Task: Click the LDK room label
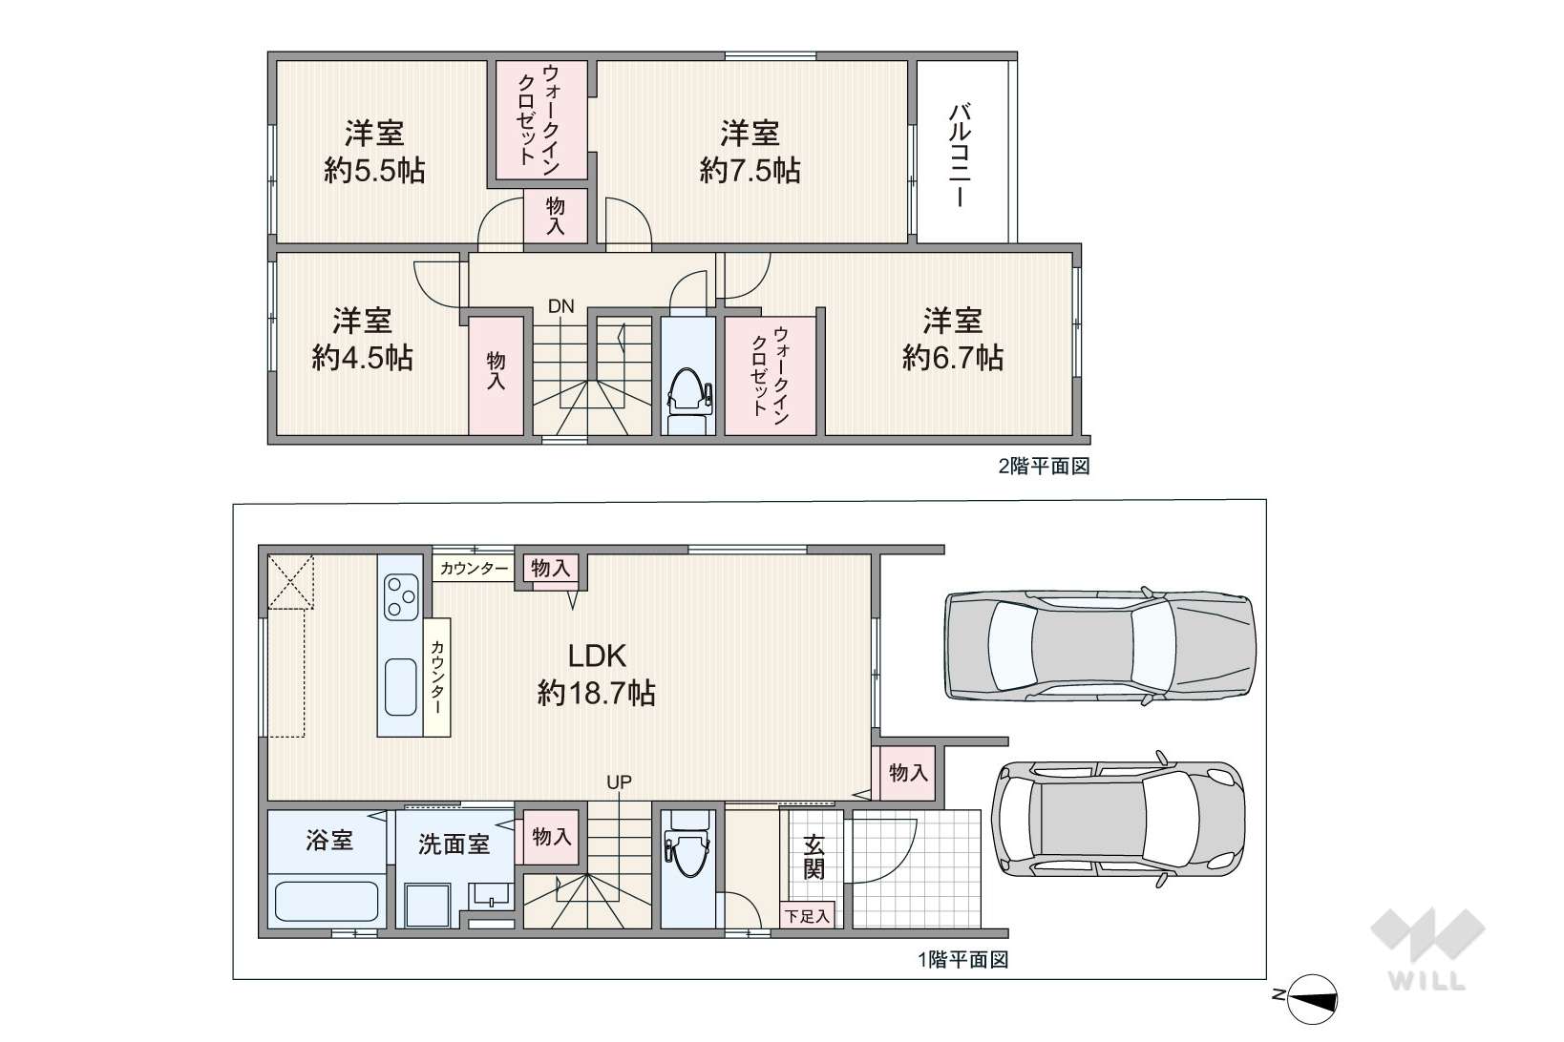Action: (x=596, y=656)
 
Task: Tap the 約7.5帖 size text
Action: (x=750, y=170)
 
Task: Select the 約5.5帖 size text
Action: (x=374, y=170)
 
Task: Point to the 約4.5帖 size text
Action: (x=362, y=358)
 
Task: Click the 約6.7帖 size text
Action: (x=952, y=358)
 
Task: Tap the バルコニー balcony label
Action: (x=961, y=155)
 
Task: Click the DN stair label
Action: (x=560, y=305)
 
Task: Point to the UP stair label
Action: (x=619, y=782)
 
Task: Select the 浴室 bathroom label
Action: (x=328, y=840)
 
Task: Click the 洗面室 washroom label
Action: (x=454, y=844)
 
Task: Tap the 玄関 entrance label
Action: (x=814, y=857)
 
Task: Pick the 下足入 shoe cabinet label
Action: (x=807, y=916)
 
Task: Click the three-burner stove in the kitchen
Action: (x=401, y=596)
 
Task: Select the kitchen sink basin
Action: (x=401, y=687)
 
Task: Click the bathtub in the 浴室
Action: (x=327, y=902)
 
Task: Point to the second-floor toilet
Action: (x=688, y=400)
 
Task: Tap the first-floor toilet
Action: (x=687, y=844)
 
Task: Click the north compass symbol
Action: (x=1311, y=999)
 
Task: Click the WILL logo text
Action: (x=1427, y=981)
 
